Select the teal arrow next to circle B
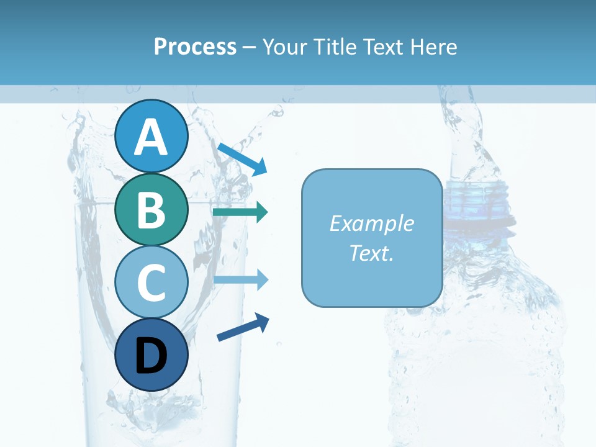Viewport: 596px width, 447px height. (240, 212)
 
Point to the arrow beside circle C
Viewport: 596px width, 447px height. (240, 279)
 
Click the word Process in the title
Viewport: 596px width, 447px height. (195, 47)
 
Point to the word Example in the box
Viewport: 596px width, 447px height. (371, 223)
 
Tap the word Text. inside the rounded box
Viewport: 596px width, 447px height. (371, 253)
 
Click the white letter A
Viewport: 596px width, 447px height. (151, 137)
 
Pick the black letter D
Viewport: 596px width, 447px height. (151, 356)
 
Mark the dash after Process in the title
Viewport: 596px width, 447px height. (249, 47)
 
